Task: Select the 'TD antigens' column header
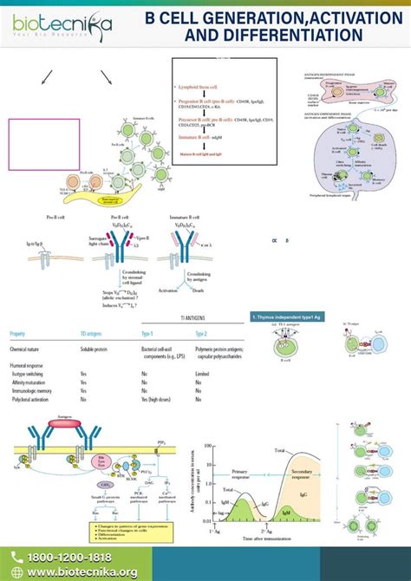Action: (94, 333)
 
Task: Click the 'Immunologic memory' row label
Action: (31, 390)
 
